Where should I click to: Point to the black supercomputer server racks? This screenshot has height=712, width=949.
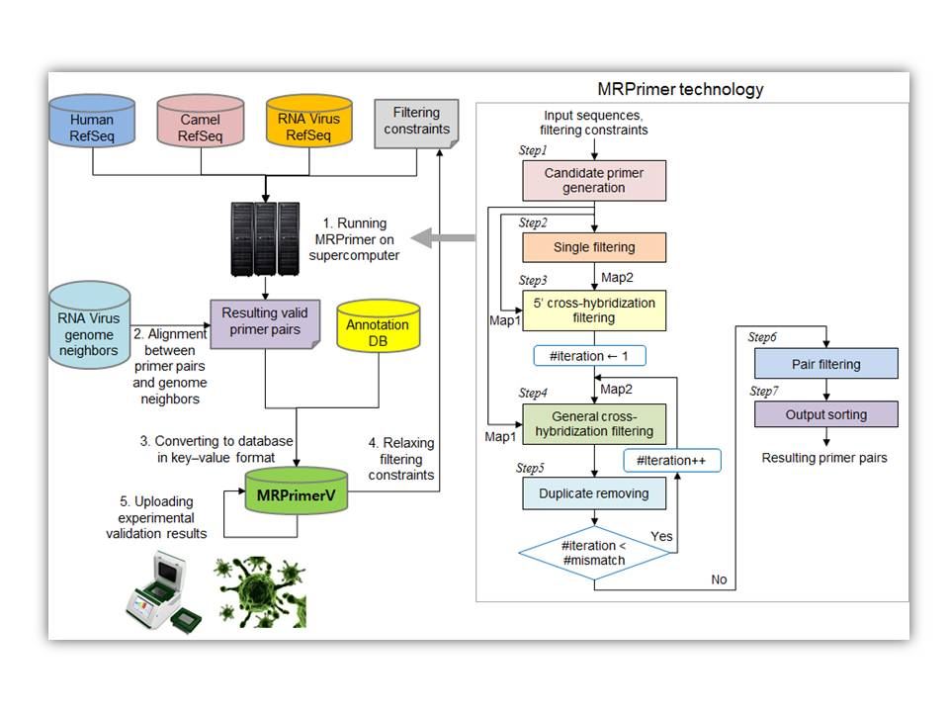264,238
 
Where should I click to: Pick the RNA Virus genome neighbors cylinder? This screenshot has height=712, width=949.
90,325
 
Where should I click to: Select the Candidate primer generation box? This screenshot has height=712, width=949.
594,180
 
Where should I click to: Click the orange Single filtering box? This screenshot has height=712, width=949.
594,246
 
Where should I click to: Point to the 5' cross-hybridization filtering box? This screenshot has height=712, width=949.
594,310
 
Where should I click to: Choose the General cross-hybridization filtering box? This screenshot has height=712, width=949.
594,422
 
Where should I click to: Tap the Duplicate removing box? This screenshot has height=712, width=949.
594,492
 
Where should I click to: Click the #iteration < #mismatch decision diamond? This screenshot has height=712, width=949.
594,554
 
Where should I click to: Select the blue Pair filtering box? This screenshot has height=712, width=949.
825,363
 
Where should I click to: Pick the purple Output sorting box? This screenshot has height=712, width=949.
825,413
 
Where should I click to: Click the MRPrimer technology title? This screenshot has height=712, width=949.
681,89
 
